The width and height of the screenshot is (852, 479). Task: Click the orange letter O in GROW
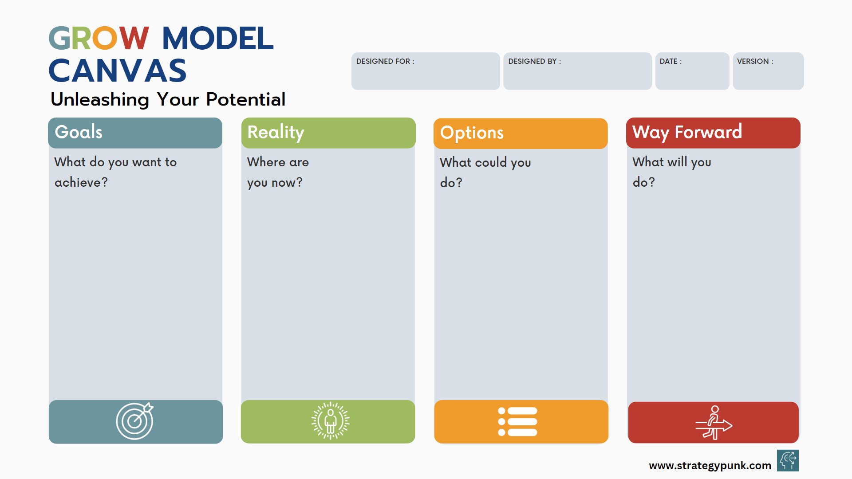[105, 39]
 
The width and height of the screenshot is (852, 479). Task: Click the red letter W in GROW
[134, 39]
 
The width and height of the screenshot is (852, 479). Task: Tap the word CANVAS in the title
[118, 71]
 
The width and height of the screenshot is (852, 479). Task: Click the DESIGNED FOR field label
[385, 61]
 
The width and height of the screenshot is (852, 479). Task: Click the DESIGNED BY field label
[534, 61]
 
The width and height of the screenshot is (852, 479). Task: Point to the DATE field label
[670, 61]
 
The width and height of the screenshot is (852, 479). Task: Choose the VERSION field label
[754, 61]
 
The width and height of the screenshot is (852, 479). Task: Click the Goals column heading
[79, 132]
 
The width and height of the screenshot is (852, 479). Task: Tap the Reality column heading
[276, 132]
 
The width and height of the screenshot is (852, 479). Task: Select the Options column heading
[472, 133]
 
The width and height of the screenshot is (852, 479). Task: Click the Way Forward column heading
[687, 132]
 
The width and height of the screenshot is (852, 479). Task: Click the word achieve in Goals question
[78, 182]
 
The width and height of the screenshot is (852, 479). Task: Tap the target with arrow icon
[135, 421]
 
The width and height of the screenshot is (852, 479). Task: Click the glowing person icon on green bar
[330, 421]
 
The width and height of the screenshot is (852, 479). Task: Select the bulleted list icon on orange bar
[517, 421]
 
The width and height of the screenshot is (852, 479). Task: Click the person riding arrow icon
[713, 423]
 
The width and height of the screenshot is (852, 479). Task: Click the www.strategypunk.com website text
[710, 465]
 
